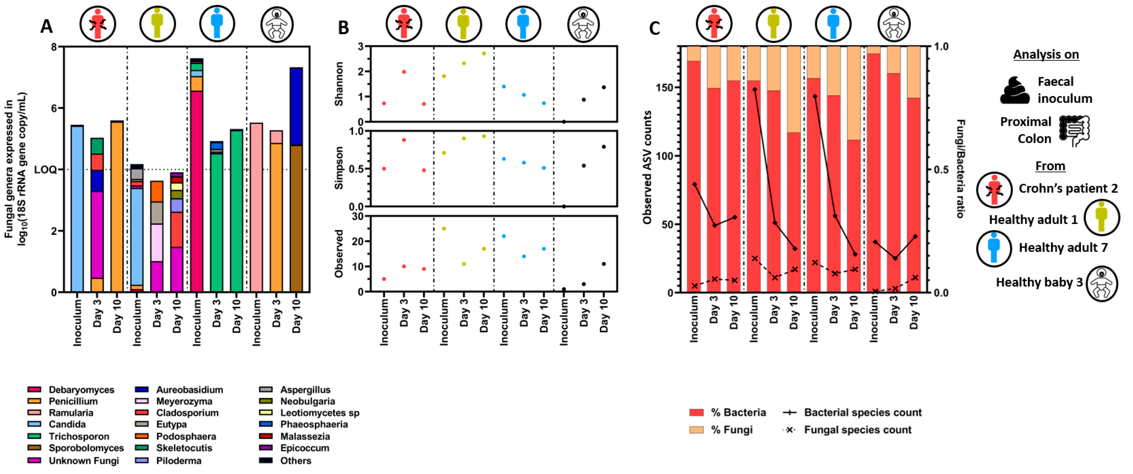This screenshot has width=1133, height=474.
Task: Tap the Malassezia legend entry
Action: (x=305, y=437)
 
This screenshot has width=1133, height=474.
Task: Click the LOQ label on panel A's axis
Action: (x=45, y=170)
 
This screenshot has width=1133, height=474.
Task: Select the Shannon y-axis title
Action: (x=339, y=84)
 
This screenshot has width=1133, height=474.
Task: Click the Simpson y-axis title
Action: (x=339, y=169)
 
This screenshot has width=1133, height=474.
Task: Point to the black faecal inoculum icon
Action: (x=1015, y=90)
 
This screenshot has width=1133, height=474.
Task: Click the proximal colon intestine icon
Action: (x=1074, y=131)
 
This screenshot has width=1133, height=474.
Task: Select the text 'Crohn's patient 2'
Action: (x=1068, y=189)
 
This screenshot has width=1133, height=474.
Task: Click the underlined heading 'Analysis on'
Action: (x=1046, y=55)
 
